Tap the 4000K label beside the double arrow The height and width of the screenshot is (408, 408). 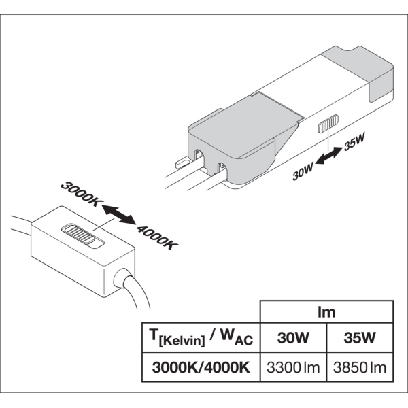(x=157, y=235)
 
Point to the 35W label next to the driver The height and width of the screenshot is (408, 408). (x=354, y=144)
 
